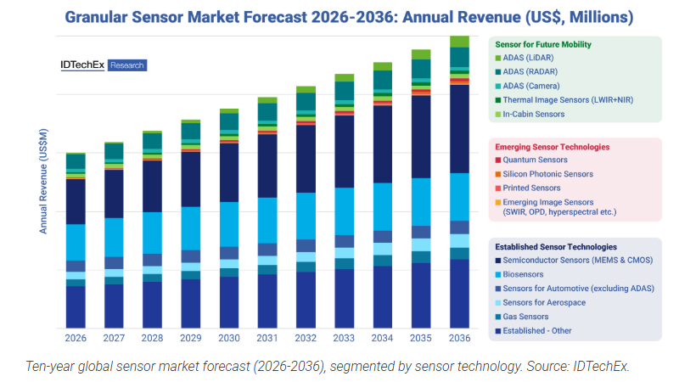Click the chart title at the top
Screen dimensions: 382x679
[x=339, y=16]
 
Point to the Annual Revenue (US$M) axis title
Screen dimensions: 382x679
[x=43, y=182]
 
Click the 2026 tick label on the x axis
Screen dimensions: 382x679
[x=76, y=338]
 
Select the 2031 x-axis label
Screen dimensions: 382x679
[x=267, y=338]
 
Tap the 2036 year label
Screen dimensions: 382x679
[x=459, y=338]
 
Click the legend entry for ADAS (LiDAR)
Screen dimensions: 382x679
[x=529, y=57]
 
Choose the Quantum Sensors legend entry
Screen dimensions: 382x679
[x=535, y=160]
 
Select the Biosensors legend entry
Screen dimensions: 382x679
[x=525, y=275]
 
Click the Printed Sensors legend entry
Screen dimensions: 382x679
[x=531, y=188]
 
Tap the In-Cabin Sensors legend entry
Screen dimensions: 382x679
[x=533, y=114]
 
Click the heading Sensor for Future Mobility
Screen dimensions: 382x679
[x=543, y=43]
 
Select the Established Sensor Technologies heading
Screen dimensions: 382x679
[x=555, y=247]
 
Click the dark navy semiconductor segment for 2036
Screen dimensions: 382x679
[x=459, y=127]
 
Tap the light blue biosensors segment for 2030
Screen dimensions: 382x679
[x=229, y=224]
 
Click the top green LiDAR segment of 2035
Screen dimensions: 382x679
[x=421, y=53]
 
